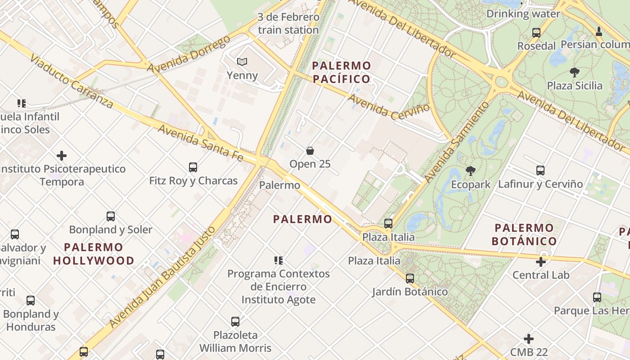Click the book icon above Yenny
[242, 62]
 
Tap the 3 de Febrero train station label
[288, 24]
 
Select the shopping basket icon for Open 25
[310, 151]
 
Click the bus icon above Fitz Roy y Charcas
[193, 167]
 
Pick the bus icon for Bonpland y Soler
[111, 216]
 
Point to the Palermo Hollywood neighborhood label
[94, 254]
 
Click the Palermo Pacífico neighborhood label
[342, 72]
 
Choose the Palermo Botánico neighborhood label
[524, 234]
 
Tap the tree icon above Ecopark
[471, 171]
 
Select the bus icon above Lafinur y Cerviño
[540, 171]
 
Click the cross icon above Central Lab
[541, 262]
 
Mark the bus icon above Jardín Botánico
[410, 279]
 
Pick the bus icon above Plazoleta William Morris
[235, 322]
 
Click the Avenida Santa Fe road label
[200, 143]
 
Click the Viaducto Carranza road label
[72, 81]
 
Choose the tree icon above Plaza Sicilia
[574, 72]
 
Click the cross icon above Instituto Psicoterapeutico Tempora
[62, 156]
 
